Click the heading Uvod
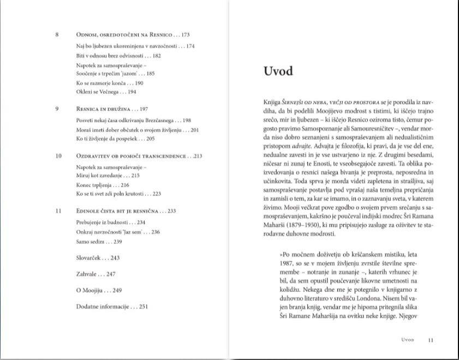278,71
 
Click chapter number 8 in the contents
57,35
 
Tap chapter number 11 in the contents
58,211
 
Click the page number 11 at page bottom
431,340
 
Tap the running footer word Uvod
408,340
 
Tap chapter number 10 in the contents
58,156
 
